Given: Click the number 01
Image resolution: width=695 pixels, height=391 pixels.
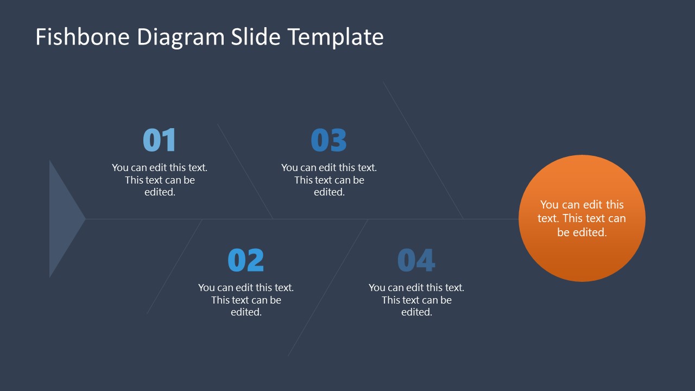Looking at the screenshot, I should pos(160,140).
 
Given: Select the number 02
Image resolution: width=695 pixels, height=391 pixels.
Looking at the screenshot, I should pos(246,260).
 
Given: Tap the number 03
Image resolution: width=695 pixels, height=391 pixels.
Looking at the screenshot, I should pos(328,140).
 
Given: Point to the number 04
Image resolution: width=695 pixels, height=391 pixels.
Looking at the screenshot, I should pos(416,260).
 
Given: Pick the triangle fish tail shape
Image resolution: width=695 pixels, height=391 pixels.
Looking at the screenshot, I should pos(63,219).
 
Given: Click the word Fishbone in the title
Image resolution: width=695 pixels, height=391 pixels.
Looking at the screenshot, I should pos(83,37).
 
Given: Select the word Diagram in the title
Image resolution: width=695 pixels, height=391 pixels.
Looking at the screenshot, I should pos(180,37).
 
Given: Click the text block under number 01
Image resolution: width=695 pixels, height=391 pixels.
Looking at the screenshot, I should pos(160,180).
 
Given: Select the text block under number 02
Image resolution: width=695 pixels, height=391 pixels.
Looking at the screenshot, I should pos(246,300).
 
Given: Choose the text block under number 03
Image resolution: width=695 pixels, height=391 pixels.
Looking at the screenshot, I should pos(329,180).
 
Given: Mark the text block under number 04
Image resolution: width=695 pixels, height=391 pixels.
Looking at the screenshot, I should pos(416,300).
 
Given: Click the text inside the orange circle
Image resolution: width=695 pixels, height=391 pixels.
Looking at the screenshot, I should pos(582,218).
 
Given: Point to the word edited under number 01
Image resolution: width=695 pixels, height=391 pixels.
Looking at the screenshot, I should pos(160,192).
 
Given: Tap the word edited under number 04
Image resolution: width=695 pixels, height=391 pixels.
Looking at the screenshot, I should pos(416,312).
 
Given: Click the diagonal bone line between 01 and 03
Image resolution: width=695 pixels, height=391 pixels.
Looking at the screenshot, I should pos(245,171).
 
